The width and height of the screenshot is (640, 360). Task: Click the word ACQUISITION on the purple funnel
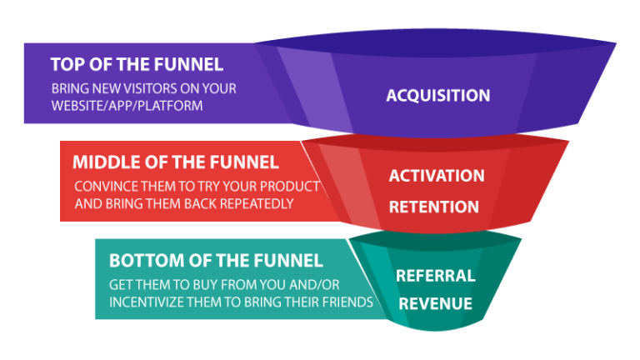coord(437,96)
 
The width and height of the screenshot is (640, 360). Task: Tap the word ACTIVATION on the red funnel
coord(436,176)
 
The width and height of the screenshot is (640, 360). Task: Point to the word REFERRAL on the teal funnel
coord(435,276)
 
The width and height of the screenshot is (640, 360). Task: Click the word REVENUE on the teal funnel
coord(435,303)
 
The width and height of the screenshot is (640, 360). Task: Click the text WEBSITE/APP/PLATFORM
coord(127,107)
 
